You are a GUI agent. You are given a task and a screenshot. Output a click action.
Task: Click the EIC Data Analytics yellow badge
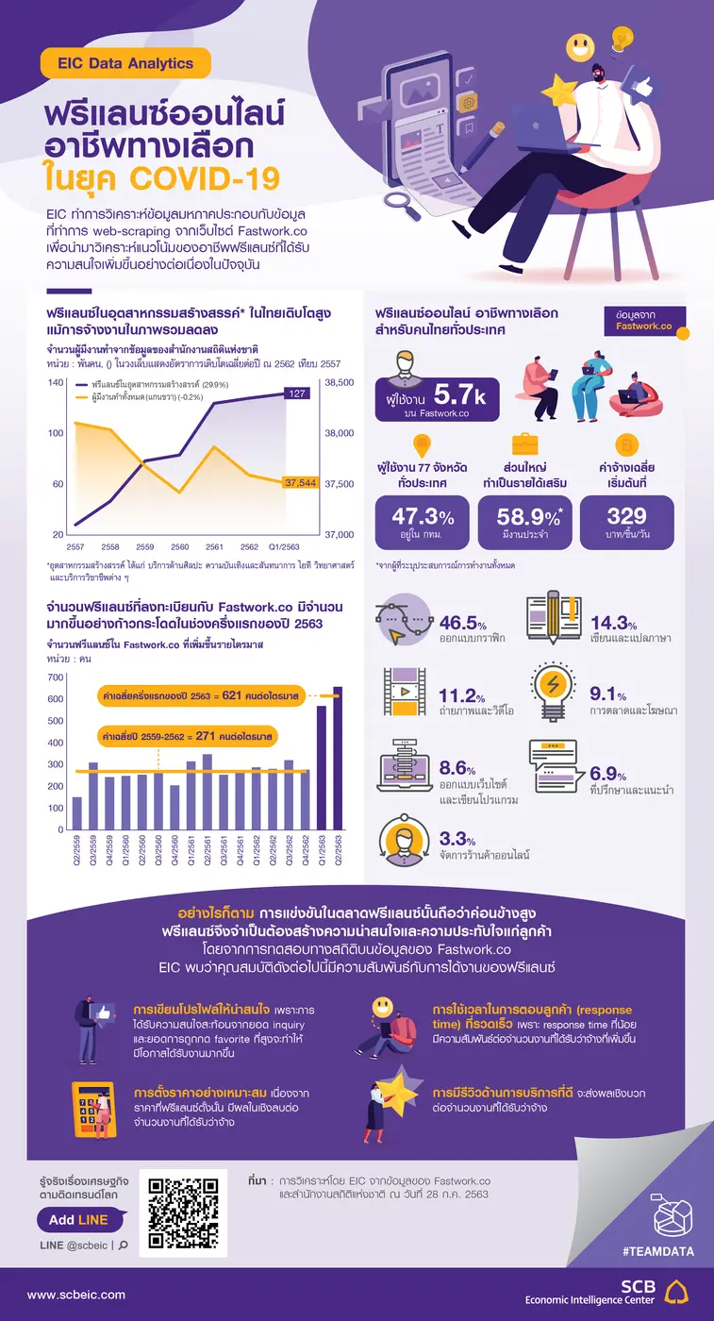tap(125, 64)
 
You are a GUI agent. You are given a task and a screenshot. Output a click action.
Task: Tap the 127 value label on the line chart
tap(296, 393)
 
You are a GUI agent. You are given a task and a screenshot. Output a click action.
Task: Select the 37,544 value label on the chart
tap(299, 482)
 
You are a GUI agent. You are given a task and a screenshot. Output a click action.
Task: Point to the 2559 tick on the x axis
tap(145, 546)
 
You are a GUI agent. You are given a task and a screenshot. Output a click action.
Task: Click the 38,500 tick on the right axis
tap(340, 382)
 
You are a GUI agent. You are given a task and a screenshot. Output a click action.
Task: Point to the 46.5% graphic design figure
tap(462, 624)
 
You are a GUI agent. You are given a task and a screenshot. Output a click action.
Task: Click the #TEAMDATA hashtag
tap(658, 1251)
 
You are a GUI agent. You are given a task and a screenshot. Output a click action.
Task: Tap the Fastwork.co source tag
tap(644, 320)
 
